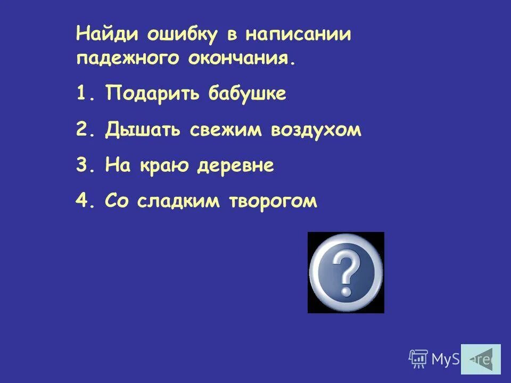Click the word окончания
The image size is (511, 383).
(240, 58)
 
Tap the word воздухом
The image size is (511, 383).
(316, 130)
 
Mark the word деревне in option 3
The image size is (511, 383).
(235, 166)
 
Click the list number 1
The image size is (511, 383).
(81, 94)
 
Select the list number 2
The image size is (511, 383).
(81, 130)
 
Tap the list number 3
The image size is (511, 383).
(81, 166)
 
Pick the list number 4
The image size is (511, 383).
(81, 202)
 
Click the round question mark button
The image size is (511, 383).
(346, 272)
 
